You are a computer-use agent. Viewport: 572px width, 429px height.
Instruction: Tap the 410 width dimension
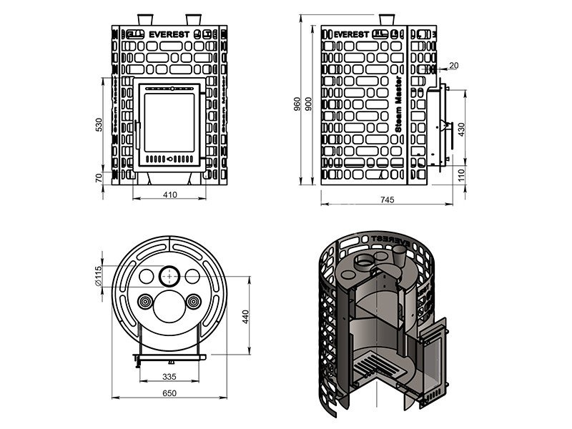pyautogui.click(x=169, y=195)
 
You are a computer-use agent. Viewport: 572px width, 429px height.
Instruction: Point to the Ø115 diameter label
pyautogui.click(x=99, y=276)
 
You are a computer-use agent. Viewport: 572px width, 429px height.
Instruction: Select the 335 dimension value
pyautogui.click(x=169, y=376)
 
